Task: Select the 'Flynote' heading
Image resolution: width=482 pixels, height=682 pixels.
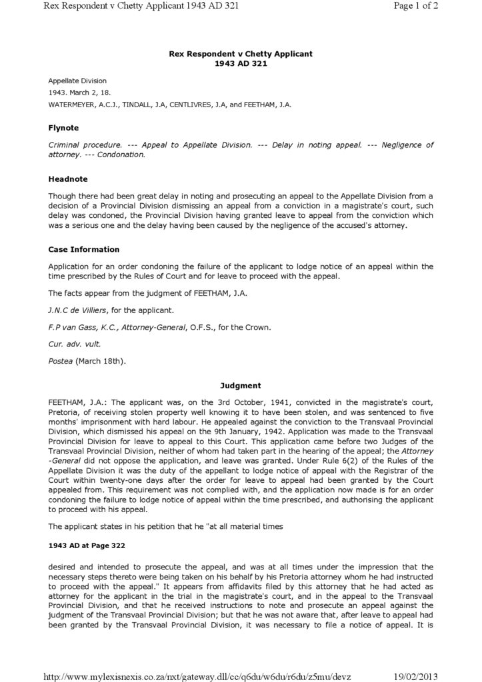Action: click(x=63, y=128)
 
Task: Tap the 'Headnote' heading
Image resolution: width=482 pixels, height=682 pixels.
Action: click(x=68, y=179)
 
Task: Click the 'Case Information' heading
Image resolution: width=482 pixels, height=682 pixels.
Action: click(x=84, y=250)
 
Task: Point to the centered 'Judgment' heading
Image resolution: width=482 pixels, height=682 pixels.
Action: click(x=241, y=386)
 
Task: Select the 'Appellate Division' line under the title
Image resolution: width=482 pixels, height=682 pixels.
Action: click(x=77, y=81)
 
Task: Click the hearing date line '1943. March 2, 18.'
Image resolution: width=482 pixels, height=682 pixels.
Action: click(x=79, y=93)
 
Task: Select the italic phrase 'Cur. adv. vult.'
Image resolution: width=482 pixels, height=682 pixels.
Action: click(x=73, y=344)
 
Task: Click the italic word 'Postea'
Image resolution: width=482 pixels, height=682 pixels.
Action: click(x=61, y=362)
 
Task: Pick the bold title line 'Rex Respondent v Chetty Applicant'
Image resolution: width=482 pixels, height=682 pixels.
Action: click(x=241, y=53)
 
